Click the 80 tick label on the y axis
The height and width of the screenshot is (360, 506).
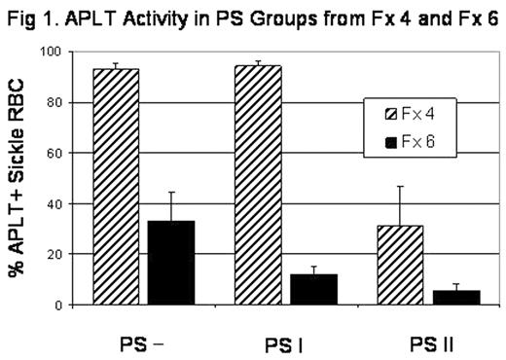pyautogui.click(x=62, y=103)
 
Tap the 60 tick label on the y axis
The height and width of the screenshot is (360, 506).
pyautogui.click(x=62, y=154)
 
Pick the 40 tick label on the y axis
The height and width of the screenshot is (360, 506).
pyautogui.click(x=62, y=204)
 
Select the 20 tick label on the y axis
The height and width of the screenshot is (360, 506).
pyautogui.click(x=62, y=255)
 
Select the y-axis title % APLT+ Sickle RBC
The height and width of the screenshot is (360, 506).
pyautogui.click(x=18, y=179)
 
